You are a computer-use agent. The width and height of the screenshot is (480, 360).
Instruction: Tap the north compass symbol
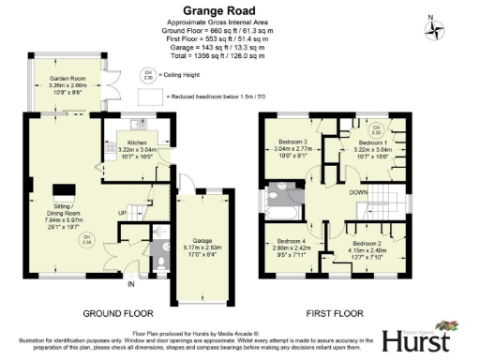tap(434, 29)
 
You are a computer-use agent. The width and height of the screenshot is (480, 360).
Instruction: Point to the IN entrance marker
tap(131, 283)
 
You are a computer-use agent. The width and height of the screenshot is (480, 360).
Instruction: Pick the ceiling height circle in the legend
tap(146, 73)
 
